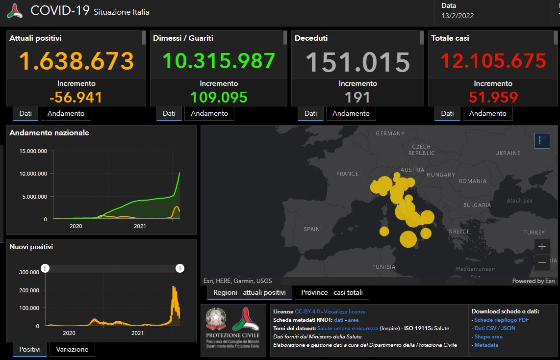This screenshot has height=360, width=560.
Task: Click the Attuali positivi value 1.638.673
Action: coord(76,61)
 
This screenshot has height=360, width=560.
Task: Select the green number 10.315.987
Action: coord(218,61)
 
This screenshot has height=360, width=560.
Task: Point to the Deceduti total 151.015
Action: coord(357,62)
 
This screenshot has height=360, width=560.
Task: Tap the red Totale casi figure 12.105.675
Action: coord(493,61)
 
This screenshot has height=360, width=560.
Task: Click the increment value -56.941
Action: coord(76,97)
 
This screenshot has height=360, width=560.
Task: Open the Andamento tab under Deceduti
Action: coord(351,113)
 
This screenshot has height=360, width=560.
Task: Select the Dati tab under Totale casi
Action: coord(447,113)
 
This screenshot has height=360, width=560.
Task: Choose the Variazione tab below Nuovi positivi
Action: coord(72,349)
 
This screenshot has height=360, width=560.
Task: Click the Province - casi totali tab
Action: coord(332,292)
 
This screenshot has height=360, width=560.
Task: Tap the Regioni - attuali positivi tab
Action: coord(249,292)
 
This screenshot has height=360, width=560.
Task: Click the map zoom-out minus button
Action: coord(542,263)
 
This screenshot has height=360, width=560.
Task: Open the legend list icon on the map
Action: coord(542,140)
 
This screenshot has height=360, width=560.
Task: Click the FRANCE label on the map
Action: coord(347,174)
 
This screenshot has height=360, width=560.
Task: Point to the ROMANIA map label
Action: coord(473,181)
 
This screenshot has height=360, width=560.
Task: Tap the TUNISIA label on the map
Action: coord(383,267)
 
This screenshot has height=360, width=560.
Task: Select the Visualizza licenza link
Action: coord(344,311)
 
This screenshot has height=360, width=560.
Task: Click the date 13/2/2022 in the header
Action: coord(457,16)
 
